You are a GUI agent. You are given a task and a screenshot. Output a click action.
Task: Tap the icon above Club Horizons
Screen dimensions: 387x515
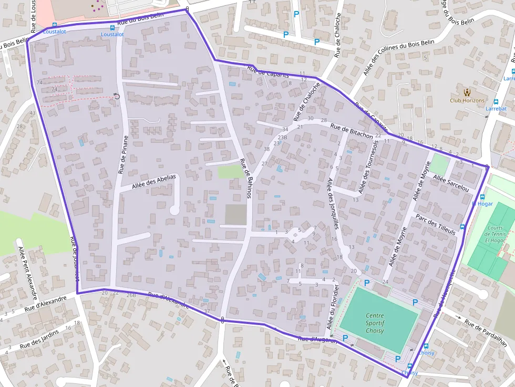[467, 91]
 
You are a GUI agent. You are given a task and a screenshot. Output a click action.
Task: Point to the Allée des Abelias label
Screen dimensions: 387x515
[148, 181]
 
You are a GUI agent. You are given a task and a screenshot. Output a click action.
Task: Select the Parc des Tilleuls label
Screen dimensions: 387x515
[435, 224]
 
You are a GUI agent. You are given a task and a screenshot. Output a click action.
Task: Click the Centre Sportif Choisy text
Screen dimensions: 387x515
[375, 323]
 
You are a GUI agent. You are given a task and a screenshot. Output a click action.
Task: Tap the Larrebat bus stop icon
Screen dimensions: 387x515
[496, 101]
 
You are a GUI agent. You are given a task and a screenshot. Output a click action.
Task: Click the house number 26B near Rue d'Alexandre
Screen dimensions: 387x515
[131, 295]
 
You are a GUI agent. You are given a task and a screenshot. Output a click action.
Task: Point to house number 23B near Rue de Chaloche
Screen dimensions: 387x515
[283, 138]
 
